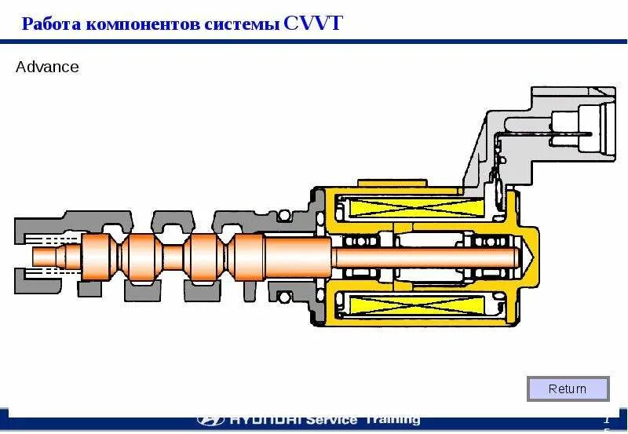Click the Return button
[x=568, y=388]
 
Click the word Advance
[x=47, y=67]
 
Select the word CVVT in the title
[x=313, y=23]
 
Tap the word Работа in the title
[x=52, y=24]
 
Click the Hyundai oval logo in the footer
[x=210, y=420]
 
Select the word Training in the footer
[x=392, y=420]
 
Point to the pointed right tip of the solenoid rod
[x=531, y=256]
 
